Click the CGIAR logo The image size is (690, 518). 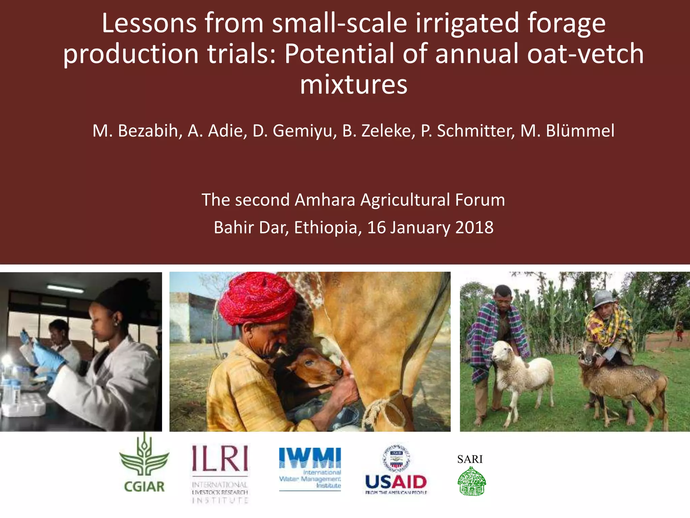pyautogui.click(x=144, y=465)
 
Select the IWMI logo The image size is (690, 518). pyautogui.click(x=310, y=469)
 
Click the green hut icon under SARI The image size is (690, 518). pyautogui.click(x=472, y=482)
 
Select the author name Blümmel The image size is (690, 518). pyautogui.click(x=580, y=131)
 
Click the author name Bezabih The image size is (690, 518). pyautogui.click(x=148, y=131)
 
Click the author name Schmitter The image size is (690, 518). pyautogui.click(x=476, y=131)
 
